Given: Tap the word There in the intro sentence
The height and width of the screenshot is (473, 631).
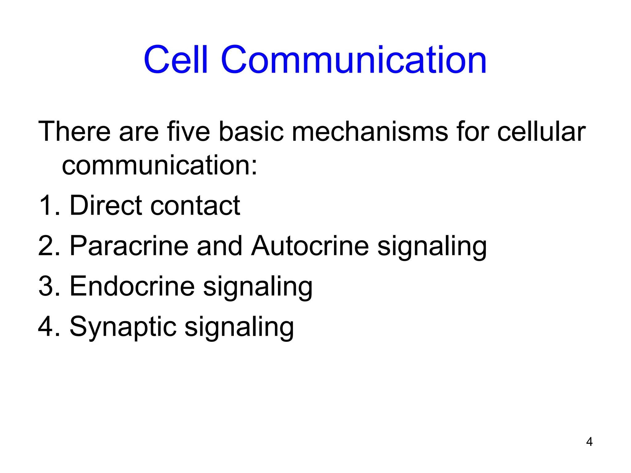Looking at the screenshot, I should coord(74,131).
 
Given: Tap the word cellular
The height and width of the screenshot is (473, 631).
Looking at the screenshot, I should coord(541,131).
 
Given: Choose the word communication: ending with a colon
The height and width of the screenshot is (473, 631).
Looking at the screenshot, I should coord(159,165).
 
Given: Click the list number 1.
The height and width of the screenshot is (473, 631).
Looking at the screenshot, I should coord(46,205).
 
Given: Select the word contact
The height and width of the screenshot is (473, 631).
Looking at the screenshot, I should coord(195,205).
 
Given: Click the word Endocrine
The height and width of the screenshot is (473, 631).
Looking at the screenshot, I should coord(132,286).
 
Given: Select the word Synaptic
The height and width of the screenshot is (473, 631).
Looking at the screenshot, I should coord(123,327).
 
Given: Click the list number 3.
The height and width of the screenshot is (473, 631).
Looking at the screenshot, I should coord(46,286).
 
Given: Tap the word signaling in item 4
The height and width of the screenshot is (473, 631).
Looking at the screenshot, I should coord(239,327).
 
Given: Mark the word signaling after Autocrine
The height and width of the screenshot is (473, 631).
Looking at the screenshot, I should coord(432,246).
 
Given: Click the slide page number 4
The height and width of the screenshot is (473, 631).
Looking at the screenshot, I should coord(589,442).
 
